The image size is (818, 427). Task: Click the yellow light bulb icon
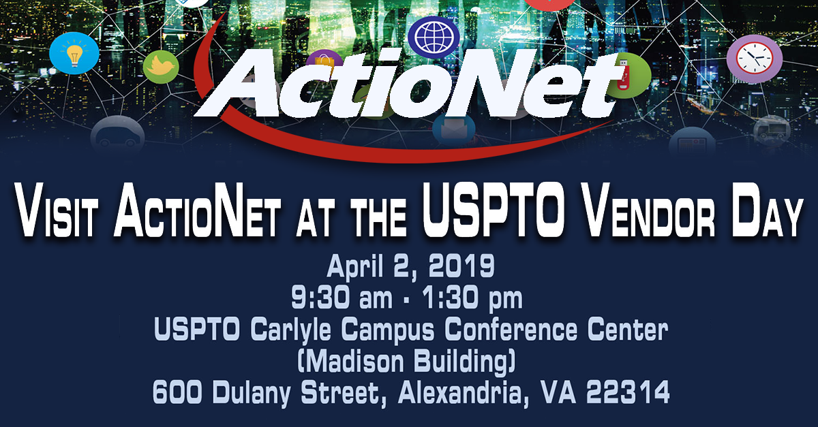(74, 54)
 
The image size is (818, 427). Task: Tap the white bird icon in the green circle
(161, 66)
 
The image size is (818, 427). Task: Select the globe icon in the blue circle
(434, 37)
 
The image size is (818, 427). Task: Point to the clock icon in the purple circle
(755, 59)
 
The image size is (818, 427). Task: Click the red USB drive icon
(621, 76)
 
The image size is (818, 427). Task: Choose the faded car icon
(117, 136)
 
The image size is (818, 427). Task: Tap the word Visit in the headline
(57, 212)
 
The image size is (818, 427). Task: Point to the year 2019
(462, 266)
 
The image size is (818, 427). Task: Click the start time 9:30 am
(342, 298)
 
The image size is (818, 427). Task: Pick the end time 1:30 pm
(472, 298)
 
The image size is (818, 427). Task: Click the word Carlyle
(290, 330)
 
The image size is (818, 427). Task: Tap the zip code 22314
(628, 392)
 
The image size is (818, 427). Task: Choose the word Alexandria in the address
(464, 392)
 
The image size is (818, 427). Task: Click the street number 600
(177, 392)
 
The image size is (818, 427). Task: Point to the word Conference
(511, 329)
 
